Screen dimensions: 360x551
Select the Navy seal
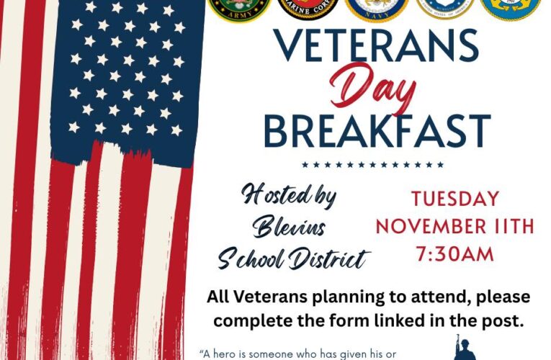(x=377, y=9)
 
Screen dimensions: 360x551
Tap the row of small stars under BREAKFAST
(x=372, y=165)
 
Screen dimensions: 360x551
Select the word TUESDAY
(x=454, y=199)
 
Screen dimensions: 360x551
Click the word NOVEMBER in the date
(x=429, y=227)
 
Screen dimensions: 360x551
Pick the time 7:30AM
(x=454, y=254)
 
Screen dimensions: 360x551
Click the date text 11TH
(x=511, y=227)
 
